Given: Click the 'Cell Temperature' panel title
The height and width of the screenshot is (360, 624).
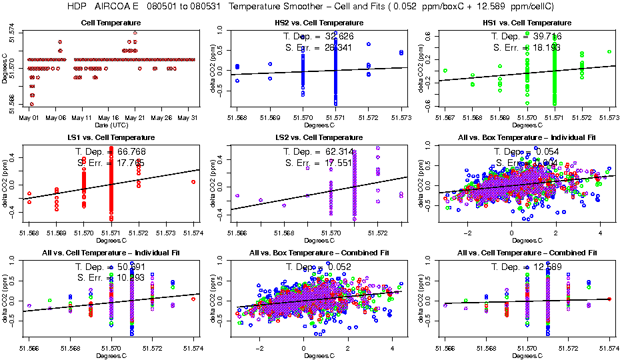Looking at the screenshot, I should (x=111, y=23).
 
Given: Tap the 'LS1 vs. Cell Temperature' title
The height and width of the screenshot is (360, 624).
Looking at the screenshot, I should (x=111, y=137).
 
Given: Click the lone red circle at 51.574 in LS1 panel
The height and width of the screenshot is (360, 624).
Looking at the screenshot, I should (x=193, y=181).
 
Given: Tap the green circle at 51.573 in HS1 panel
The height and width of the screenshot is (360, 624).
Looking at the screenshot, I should (x=609, y=51).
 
